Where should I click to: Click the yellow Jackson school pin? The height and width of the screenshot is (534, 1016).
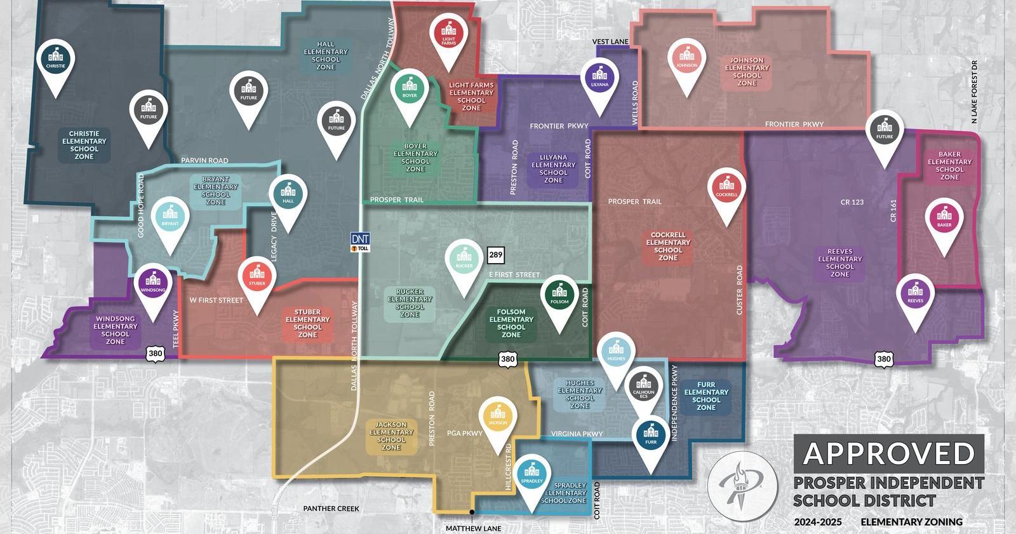[x=498, y=418]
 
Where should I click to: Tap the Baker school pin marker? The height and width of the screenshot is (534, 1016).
[x=944, y=219]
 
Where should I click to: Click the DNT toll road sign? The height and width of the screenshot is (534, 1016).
[x=360, y=242]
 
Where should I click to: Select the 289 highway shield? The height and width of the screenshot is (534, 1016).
[x=495, y=255]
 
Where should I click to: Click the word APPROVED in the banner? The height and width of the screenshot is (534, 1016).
[x=888, y=453]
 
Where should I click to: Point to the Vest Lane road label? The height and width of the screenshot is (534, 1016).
[x=610, y=42]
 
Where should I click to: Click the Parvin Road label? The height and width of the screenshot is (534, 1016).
[x=204, y=160]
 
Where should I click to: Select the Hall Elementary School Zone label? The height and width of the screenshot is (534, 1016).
[x=326, y=55]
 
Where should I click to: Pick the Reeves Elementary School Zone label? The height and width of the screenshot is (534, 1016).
[x=839, y=263]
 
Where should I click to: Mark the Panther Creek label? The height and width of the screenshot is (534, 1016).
[x=331, y=509]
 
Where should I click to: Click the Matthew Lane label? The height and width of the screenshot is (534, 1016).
[x=473, y=528]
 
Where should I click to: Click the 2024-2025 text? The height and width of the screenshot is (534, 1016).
[x=818, y=522]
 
